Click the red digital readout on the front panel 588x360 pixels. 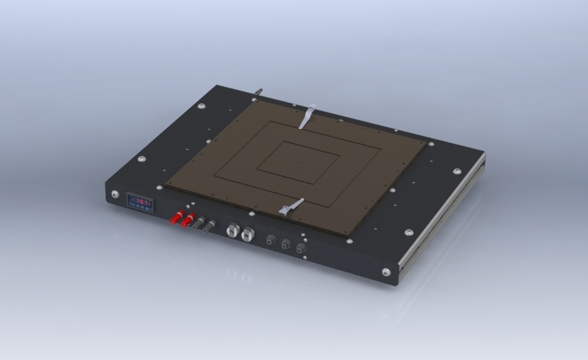point(139,202)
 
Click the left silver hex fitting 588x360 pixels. point(233,230)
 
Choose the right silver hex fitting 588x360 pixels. point(247,234)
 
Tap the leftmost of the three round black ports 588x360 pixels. point(271,240)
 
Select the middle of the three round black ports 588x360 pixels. point(285,245)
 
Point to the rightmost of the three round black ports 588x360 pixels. point(300,248)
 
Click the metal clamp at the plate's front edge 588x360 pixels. point(292,207)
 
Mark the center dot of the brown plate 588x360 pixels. point(298,163)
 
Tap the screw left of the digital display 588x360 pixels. point(115,195)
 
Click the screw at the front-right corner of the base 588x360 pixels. point(386,272)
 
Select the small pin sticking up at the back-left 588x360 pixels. point(259,92)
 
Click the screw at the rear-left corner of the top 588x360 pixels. point(202,106)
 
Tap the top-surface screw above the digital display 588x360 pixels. point(140,159)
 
